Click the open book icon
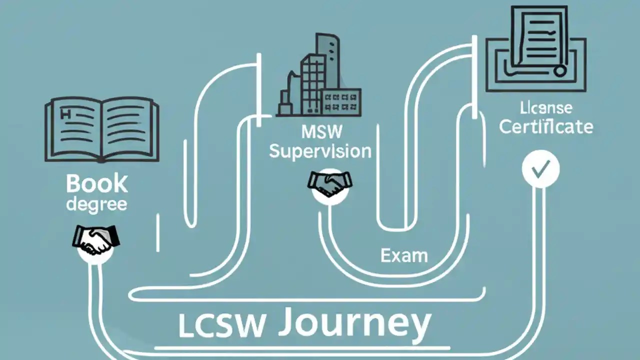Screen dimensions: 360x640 point(102,129)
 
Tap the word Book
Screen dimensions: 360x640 point(97,183)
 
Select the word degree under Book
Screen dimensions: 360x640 point(96,204)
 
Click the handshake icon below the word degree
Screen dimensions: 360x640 point(95,238)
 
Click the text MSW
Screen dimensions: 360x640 point(322,132)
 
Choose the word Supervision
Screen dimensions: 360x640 point(320,151)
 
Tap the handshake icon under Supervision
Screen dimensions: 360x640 point(329,184)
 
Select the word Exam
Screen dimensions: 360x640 point(404,255)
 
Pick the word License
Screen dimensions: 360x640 point(546,107)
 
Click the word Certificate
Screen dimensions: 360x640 point(546,126)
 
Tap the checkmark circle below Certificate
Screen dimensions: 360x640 point(540,170)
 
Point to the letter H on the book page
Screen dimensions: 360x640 point(65,114)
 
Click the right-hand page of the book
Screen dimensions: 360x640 point(130,129)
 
